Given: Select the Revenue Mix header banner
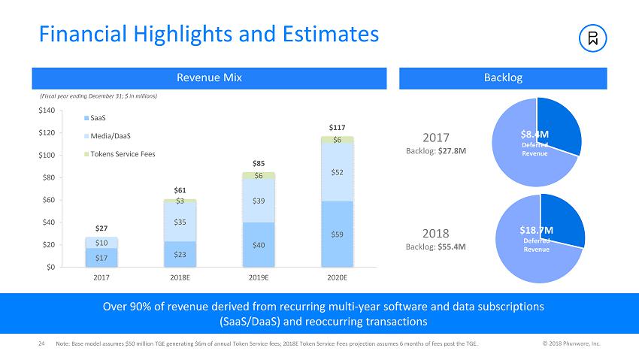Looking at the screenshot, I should [209, 78].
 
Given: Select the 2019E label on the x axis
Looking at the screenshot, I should [258, 277].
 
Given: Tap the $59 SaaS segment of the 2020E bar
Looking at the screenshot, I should [337, 234].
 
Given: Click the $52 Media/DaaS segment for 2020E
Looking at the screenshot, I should [337, 172].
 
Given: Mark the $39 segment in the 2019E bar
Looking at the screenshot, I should [258, 200].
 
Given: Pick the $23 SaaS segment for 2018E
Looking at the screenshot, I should [180, 254].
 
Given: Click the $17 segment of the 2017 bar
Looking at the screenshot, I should [101, 258].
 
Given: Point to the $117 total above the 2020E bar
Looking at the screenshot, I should [337, 128].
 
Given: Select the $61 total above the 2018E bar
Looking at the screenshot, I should [180, 190].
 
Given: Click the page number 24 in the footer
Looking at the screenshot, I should [42, 343].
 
